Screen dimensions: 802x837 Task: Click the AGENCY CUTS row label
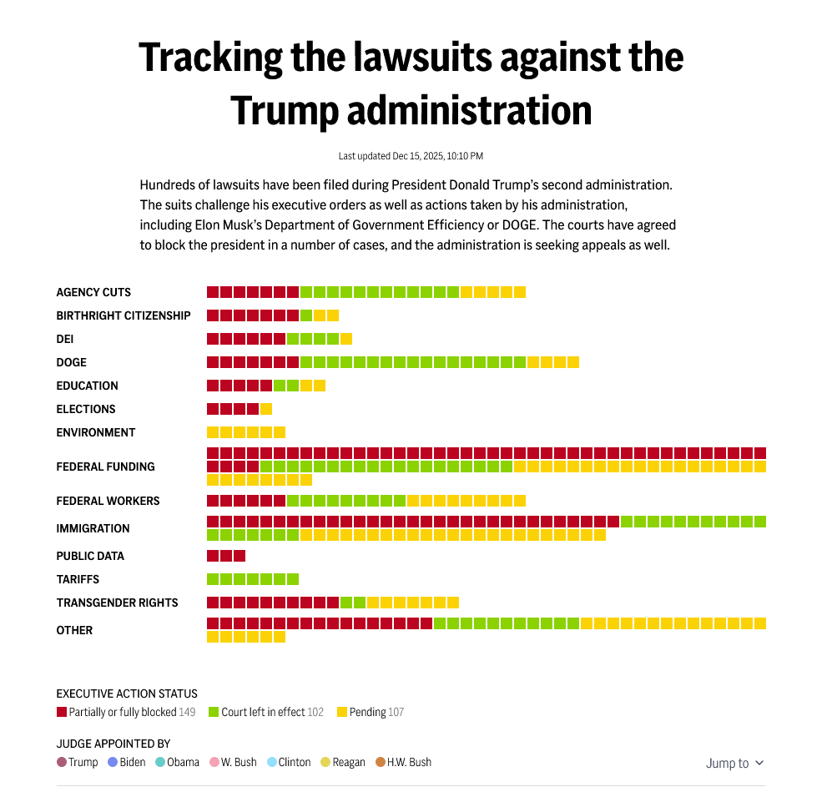tap(93, 292)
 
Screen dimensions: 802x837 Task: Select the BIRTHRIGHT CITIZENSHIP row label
tap(124, 315)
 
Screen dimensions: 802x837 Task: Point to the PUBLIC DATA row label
tap(90, 556)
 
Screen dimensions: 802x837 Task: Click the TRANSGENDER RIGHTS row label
tap(117, 603)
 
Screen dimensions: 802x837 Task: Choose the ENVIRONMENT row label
tap(96, 432)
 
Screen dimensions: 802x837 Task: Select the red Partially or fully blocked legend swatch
tap(61, 712)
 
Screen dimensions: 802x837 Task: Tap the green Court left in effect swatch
tap(214, 712)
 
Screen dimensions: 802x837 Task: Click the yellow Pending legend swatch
tap(341, 712)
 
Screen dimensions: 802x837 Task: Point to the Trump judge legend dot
tap(62, 762)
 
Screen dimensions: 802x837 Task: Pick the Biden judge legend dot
tap(113, 762)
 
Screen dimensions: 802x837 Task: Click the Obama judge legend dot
tap(160, 762)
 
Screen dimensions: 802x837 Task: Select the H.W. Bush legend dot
tap(380, 762)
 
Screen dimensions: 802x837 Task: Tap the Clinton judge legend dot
tap(272, 762)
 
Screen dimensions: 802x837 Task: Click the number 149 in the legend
tap(187, 712)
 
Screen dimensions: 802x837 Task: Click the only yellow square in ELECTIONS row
tap(266, 409)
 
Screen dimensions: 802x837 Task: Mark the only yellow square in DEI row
tap(346, 339)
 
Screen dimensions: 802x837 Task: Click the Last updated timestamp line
tap(411, 156)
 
